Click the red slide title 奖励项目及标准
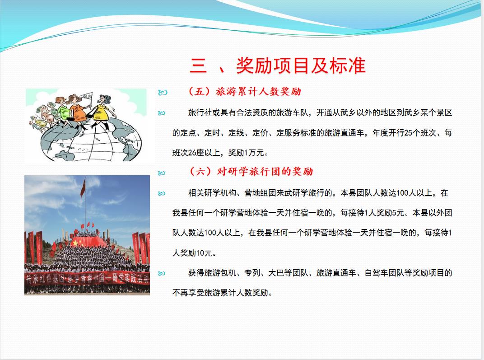pyautogui.click(x=301, y=66)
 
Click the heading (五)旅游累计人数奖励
pyautogui.click(x=244, y=91)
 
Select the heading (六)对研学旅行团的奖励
pyautogui.click(x=251, y=171)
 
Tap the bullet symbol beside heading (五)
pyautogui.click(x=163, y=92)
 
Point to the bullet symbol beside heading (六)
pyautogui.click(x=162, y=173)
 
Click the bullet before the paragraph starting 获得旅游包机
pyautogui.click(x=162, y=274)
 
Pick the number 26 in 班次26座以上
pyautogui.click(x=192, y=153)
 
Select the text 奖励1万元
pyautogui.click(x=247, y=153)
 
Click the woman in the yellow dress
pyautogui.click(x=102, y=111)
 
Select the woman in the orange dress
pyautogui.click(x=78, y=111)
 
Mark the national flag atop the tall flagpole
pyautogui.click(x=83, y=188)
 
